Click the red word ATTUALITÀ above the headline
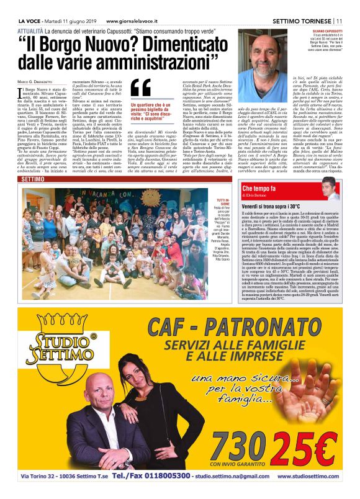(x=30, y=30)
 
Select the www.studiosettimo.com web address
(x=308, y=477)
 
